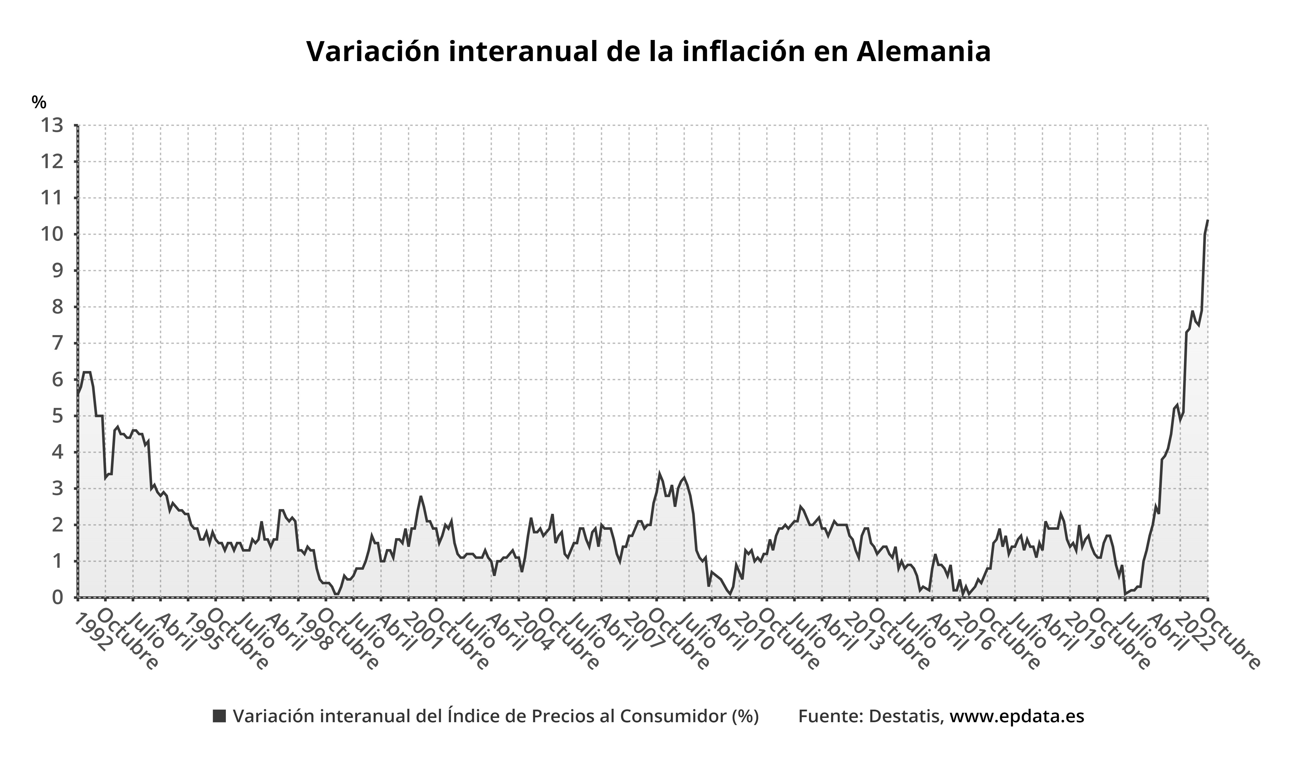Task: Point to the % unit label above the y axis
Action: click(38, 102)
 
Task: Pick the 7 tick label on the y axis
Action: click(57, 343)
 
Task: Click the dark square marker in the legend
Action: click(220, 716)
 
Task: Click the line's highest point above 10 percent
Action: click(1207, 220)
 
